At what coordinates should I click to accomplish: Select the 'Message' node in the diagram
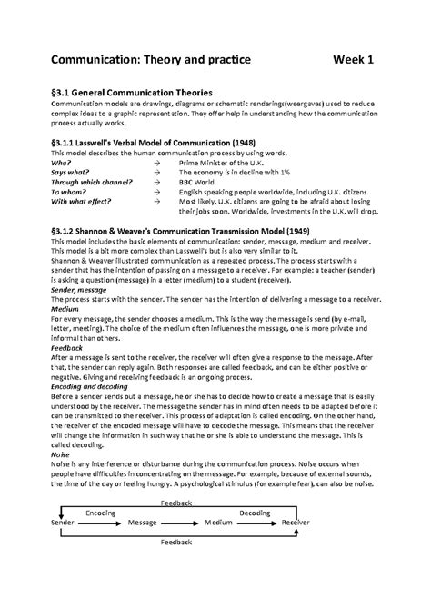click(x=143, y=523)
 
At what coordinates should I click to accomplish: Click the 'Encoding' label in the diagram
click(x=101, y=513)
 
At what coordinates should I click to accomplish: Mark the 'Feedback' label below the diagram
click(x=175, y=542)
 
